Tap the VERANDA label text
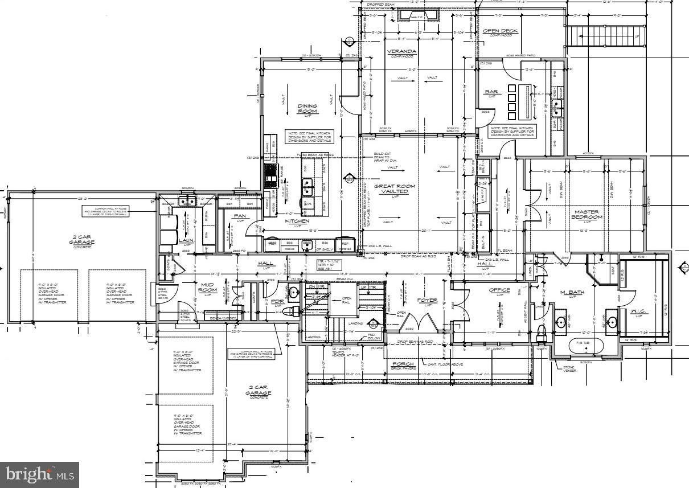pos(402,52)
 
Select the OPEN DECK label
pos(495,31)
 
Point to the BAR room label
pos(490,92)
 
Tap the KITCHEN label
pos(297,220)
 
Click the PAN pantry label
pos(239,216)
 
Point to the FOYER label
pos(427,300)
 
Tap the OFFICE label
pos(499,290)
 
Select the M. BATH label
pos(569,294)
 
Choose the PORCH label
pos(402,363)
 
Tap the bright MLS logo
pos(40,474)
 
